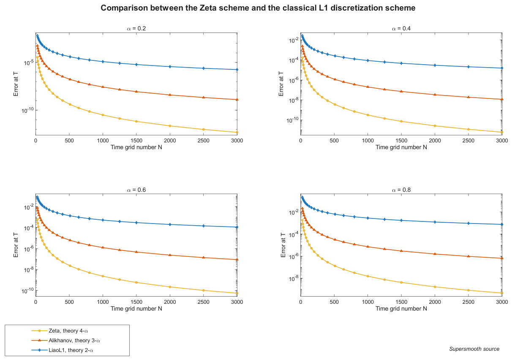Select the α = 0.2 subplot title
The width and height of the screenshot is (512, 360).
pos(136,29)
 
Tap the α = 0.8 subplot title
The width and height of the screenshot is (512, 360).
pos(401,190)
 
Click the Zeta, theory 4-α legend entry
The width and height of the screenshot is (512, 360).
pos(60,331)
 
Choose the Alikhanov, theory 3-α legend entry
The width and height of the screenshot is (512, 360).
pos(65,340)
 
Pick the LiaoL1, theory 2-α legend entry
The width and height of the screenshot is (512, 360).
pos(62,350)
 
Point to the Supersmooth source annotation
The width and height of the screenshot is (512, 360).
pos(474,349)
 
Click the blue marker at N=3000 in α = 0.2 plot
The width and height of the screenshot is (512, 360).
pos(237,69)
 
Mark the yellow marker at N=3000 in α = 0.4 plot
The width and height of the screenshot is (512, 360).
pos(502,132)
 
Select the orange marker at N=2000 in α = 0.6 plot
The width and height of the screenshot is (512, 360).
pos(170,255)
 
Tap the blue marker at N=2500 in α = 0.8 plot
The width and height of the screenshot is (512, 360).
pos(468,224)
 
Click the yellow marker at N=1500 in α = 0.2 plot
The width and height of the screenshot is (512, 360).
pos(136,121)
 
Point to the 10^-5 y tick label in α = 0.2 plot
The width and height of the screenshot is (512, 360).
pos(29,63)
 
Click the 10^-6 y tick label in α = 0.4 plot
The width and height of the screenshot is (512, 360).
pos(294,80)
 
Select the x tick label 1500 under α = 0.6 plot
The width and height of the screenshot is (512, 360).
pos(136,302)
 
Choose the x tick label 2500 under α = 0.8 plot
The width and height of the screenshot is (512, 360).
pos(468,302)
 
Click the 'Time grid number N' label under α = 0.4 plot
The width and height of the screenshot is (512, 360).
pos(401,147)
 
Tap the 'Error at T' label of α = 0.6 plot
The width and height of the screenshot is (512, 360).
pos(16,245)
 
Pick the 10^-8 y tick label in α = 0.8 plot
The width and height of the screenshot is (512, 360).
pos(294,278)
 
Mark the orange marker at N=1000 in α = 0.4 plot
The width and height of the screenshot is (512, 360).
pos(368,87)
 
